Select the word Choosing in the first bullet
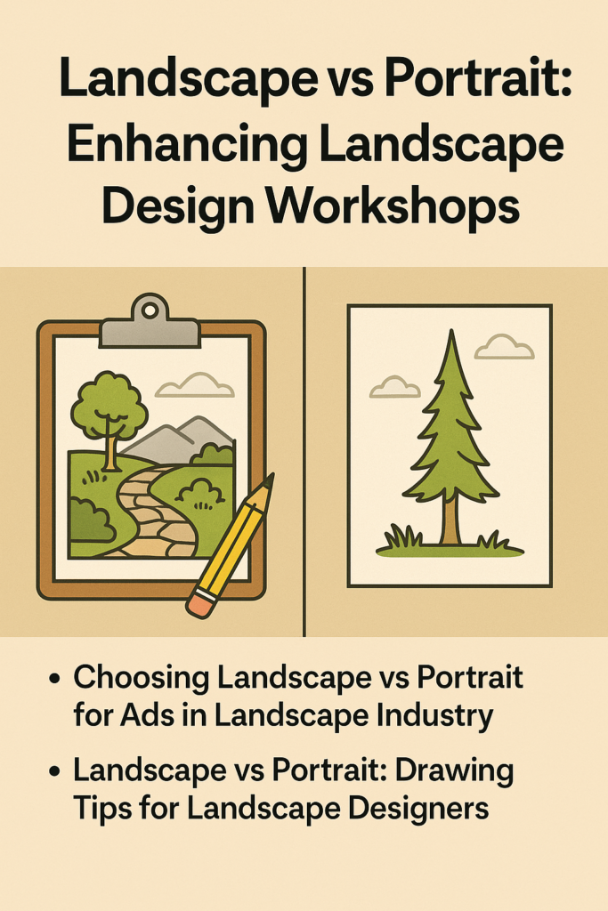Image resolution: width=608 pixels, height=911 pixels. click(142, 679)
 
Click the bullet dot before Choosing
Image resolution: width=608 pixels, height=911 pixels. click(56, 680)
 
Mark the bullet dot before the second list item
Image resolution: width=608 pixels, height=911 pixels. click(56, 772)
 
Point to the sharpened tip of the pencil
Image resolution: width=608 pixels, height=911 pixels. click(271, 478)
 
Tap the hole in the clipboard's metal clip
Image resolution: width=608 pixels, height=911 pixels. click(150, 310)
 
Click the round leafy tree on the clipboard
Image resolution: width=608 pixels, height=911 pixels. click(108, 414)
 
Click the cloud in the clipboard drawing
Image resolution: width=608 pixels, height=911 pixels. click(194, 385)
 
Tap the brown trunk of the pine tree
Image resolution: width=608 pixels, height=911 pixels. click(450, 520)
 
